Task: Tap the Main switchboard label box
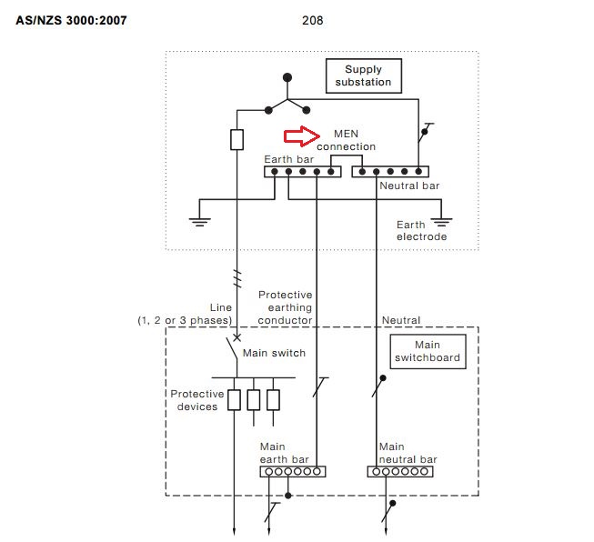pyautogui.click(x=427, y=351)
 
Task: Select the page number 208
pyautogui.click(x=312, y=19)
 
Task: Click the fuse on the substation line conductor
pyautogui.click(x=237, y=139)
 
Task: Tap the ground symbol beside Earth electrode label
pyautogui.click(x=442, y=220)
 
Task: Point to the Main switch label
pyautogui.click(x=274, y=353)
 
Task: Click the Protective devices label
pyautogui.click(x=196, y=400)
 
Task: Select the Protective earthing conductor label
pyautogui.click(x=286, y=307)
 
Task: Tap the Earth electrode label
pyautogui.click(x=421, y=230)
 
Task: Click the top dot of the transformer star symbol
pyautogui.click(x=287, y=78)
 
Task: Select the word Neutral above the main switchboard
pyautogui.click(x=401, y=320)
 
